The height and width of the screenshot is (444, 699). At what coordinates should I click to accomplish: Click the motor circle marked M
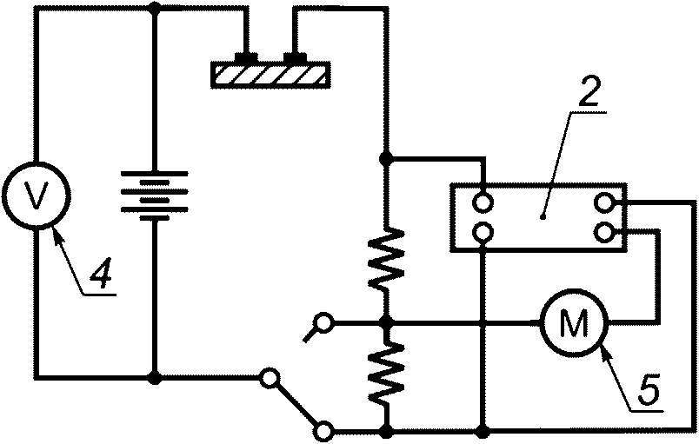(573, 324)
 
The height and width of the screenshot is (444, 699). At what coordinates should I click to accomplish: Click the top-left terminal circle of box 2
(481, 203)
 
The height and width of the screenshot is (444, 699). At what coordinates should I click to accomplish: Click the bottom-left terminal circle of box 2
(481, 231)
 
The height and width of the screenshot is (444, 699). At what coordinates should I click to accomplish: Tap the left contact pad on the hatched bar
(249, 58)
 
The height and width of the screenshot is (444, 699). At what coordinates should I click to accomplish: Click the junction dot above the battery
(155, 8)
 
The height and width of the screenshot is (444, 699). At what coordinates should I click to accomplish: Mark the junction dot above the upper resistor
(388, 159)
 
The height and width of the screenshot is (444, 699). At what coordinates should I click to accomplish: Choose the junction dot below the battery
(155, 378)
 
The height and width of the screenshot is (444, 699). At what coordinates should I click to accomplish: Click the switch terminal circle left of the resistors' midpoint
(323, 324)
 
